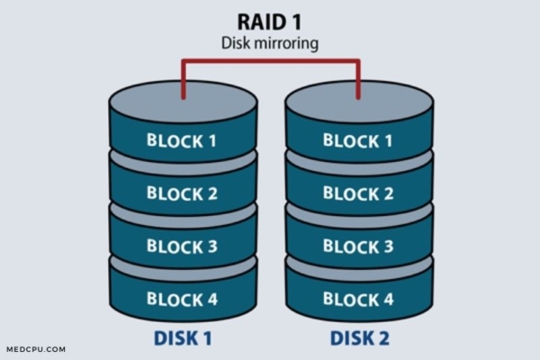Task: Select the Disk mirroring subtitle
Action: pos(270,42)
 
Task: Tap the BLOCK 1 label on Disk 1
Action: pos(183,141)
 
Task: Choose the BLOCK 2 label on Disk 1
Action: pos(183,193)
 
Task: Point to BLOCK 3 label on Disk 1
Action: pos(183,246)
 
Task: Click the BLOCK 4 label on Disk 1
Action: pos(183,299)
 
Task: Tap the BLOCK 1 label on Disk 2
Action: pos(357,141)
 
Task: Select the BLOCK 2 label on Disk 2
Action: pos(357,193)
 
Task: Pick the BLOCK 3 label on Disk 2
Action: pos(357,246)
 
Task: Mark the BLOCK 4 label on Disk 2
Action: pos(357,299)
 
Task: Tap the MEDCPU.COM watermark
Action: pos(33,349)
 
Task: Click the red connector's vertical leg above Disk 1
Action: pos(183,79)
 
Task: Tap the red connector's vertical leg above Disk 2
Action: pos(357,79)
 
